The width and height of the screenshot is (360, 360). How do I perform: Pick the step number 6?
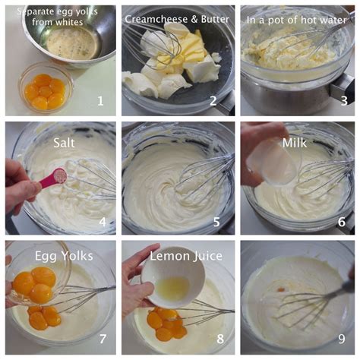tap(342, 221)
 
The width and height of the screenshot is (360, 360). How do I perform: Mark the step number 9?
tap(342, 339)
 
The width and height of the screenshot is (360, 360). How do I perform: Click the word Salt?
tap(65, 142)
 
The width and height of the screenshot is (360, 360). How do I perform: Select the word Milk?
tap(294, 142)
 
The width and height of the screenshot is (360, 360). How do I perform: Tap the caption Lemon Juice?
tap(179, 257)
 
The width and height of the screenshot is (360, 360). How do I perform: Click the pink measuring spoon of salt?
tap(53, 178)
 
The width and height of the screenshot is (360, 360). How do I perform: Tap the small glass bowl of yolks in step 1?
tap(45, 90)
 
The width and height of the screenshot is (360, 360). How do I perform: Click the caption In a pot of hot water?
tap(298, 17)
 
